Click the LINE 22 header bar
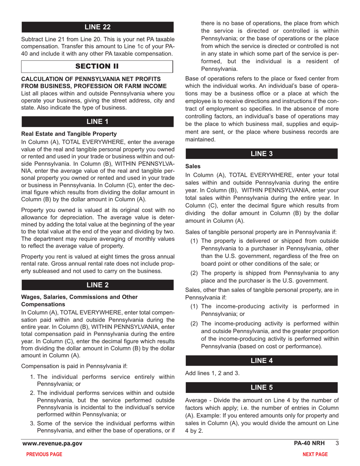tap(97, 27)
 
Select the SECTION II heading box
tap(97, 66)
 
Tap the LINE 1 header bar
tap(97, 122)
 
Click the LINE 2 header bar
tap(97, 285)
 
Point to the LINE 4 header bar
tap(261, 361)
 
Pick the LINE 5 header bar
tap(261, 387)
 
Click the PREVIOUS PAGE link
tap(44, 455)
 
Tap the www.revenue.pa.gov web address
tap(52, 444)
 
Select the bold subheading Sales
tap(193, 166)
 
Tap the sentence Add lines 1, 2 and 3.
tap(212, 373)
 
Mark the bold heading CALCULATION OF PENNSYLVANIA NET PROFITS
tap(94, 79)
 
